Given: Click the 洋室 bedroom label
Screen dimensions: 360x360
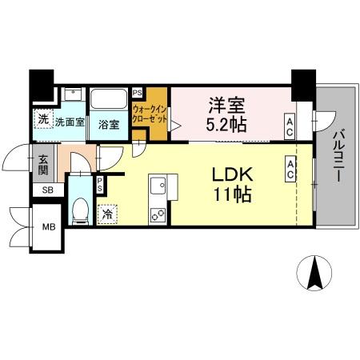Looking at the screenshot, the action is click(226, 106).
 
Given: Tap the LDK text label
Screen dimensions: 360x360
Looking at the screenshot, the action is click(232, 174).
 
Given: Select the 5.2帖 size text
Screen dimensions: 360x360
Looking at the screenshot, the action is click(226, 124).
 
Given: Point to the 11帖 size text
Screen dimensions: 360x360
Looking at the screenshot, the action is click(233, 194).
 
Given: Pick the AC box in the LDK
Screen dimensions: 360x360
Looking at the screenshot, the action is click(290, 169).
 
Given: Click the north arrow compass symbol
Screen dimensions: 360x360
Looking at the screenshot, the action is click(314, 273).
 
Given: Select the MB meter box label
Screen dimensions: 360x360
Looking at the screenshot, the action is click(49, 227).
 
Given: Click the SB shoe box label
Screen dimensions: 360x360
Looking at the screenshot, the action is click(48, 190).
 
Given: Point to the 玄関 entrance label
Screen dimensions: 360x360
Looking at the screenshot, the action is click(43, 165).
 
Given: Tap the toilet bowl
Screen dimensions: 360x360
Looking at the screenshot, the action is click(80, 210).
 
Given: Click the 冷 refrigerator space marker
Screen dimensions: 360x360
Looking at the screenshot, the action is click(108, 214).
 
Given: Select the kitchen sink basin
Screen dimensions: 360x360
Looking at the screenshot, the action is click(158, 186).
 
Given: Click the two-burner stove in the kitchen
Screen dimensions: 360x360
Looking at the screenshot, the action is click(158, 215).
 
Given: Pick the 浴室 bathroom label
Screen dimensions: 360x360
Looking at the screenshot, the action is click(109, 125).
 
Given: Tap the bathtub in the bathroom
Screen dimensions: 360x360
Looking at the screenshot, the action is click(109, 98).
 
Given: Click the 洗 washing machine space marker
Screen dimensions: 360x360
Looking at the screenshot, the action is click(43, 119).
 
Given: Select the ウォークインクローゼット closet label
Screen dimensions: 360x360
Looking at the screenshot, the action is click(150, 114).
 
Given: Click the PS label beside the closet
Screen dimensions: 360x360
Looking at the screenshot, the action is click(138, 94).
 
